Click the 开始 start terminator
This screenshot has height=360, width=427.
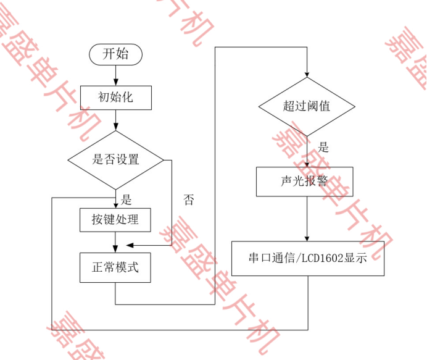click(x=115, y=54)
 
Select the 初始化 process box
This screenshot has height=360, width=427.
click(x=115, y=97)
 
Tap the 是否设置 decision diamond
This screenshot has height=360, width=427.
click(x=115, y=159)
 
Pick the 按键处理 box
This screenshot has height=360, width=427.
click(x=115, y=219)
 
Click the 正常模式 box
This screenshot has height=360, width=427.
click(x=115, y=267)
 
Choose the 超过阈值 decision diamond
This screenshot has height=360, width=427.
click(x=307, y=106)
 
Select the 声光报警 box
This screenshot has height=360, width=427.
click(x=304, y=182)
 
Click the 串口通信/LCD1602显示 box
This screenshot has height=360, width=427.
click(x=307, y=258)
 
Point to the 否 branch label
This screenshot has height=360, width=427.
click(x=189, y=199)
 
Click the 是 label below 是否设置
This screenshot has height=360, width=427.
click(x=126, y=199)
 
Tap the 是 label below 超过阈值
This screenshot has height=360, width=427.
click(x=323, y=148)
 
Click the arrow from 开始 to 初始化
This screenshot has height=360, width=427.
click(x=115, y=74)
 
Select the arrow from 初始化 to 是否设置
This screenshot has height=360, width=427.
click(x=115, y=120)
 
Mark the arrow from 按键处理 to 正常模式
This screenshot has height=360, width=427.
click(x=115, y=242)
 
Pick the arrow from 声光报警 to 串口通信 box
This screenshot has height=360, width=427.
click(x=307, y=219)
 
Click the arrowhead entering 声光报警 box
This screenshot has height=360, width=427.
click(x=307, y=164)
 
